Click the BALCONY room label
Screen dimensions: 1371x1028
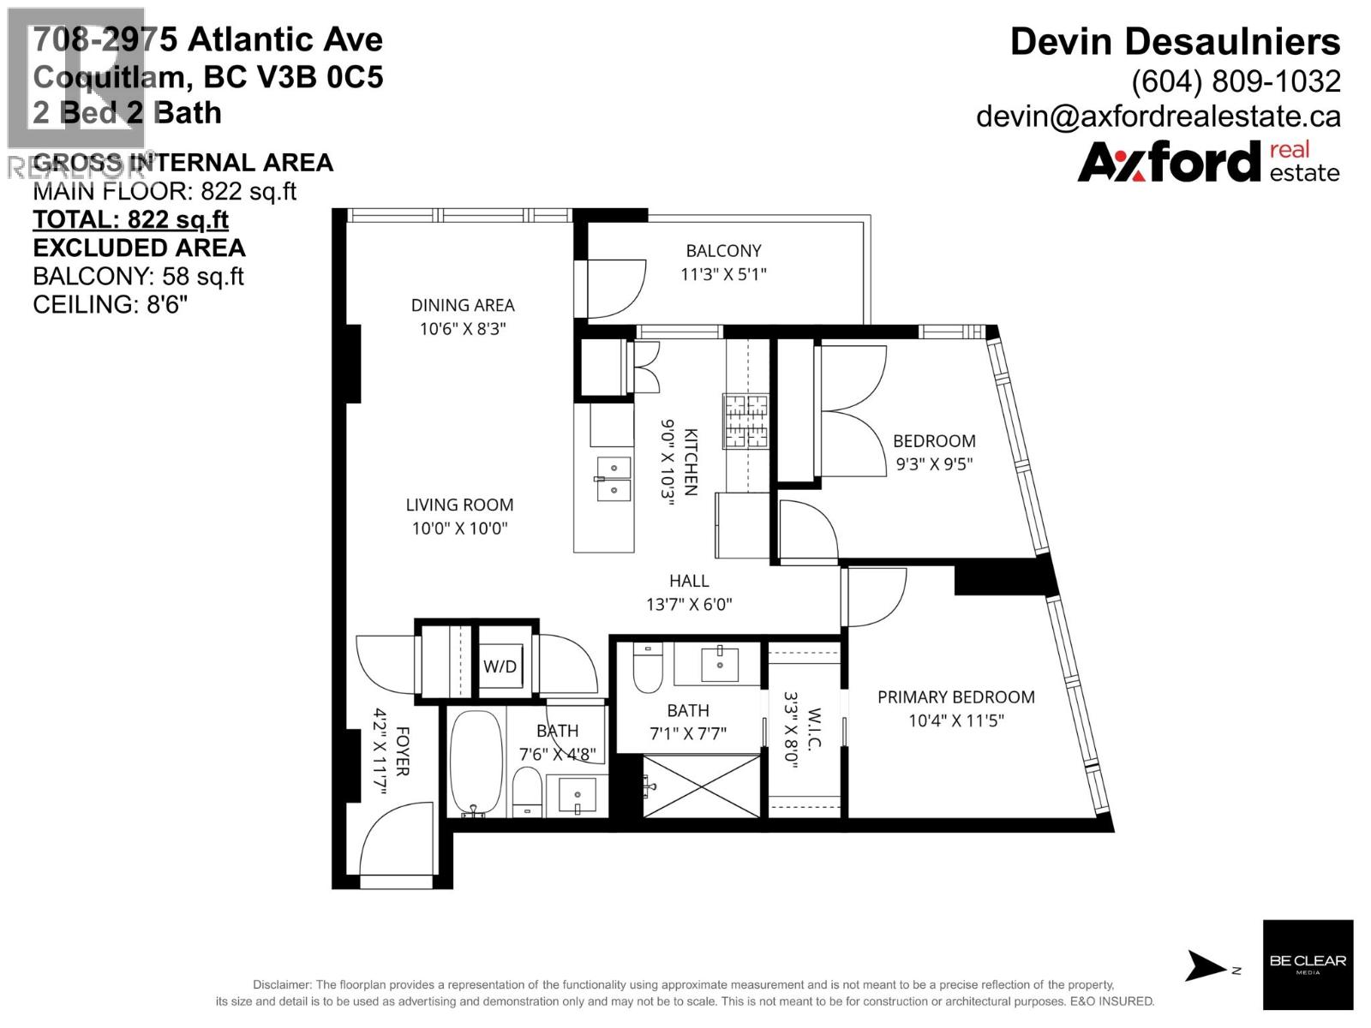click(x=723, y=251)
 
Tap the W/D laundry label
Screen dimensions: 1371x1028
click(x=500, y=666)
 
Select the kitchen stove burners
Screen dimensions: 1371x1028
click(x=745, y=421)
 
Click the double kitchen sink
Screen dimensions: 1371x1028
click(x=614, y=479)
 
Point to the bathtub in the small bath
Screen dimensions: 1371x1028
click(x=476, y=762)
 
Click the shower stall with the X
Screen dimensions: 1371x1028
click(x=702, y=786)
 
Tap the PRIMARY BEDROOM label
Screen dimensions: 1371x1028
click(x=955, y=697)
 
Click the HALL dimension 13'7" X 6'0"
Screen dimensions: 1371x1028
click(x=689, y=604)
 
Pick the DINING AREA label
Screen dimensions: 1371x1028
click(x=463, y=305)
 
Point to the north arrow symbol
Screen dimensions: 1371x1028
click(x=1206, y=965)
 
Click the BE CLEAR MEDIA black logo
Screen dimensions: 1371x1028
click(x=1308, y=965)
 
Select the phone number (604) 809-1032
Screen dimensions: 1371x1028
click(x=1236, y=81)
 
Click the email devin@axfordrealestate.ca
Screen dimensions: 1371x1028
click(x=1158, y=117)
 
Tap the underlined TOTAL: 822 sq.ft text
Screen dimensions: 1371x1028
click(x=130, y=219)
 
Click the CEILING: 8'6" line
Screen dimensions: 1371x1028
click(x=110, y=305)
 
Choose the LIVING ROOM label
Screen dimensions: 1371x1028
click(x=459, y=505)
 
